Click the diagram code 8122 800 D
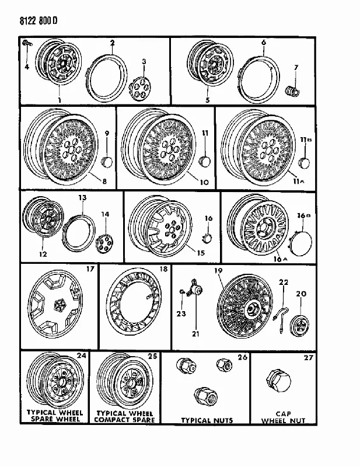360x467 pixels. pos(39,21)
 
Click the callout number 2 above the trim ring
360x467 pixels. pos(112,43)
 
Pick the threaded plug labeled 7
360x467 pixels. pos(293,90)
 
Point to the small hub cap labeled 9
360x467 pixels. pos(107,162)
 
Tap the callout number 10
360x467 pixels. pos(204,182)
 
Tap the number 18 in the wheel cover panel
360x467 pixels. pos(163,269)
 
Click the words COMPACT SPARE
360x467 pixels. pos(125,420)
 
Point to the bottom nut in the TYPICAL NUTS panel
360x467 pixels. pos(206,396)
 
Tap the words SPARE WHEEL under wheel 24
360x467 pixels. pos(54,419)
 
